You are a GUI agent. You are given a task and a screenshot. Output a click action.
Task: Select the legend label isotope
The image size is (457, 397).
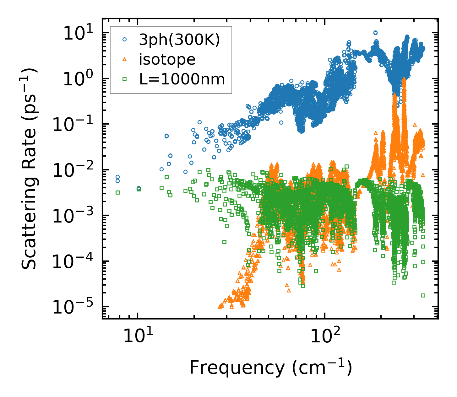[x=167, y=59]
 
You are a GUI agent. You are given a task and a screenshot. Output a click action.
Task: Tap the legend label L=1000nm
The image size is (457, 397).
[x=182, y=79]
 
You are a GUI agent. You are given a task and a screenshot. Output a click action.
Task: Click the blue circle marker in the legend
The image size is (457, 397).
[x=125, y=40]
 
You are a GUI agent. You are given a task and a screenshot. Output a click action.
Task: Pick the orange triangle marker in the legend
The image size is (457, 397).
[x=125, y=59]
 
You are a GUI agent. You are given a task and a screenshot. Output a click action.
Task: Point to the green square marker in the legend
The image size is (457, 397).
[x=125, y=79]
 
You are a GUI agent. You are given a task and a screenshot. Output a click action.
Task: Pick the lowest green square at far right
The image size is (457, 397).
[x=423, y=295]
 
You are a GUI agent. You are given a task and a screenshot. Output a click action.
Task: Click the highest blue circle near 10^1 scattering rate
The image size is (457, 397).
[x=375, y=33]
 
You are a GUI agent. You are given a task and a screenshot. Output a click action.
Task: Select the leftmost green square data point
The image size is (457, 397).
[x=117, y=192]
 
